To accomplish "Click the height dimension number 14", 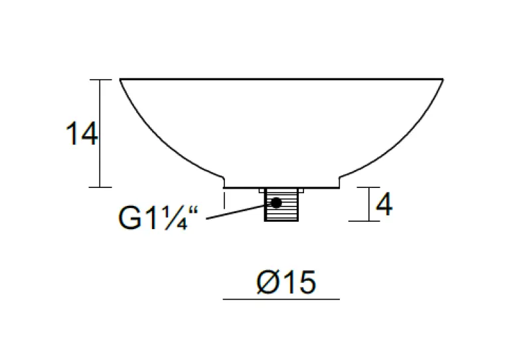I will pyautogui.click(x=82, y=134).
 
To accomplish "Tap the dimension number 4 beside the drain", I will pyautogui.click(x=384, y=205).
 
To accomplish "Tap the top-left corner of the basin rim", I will pyautogui.click(x=121, y=80).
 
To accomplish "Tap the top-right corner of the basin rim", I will pyautogui.click(x=443, y=80).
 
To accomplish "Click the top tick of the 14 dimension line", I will pyautogui.click(x=100, y=80).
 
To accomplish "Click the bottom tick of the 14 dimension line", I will pyautogui.click(x=100, y=187).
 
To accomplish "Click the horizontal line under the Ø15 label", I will pyautogui.click(x=281, y=300).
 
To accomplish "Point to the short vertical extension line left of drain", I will pyautogui.click(x=224, y=200).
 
